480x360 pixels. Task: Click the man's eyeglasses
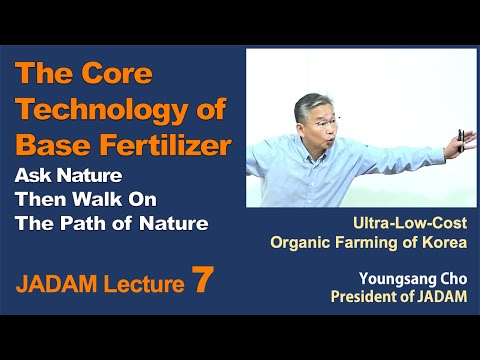coord(309,113)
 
